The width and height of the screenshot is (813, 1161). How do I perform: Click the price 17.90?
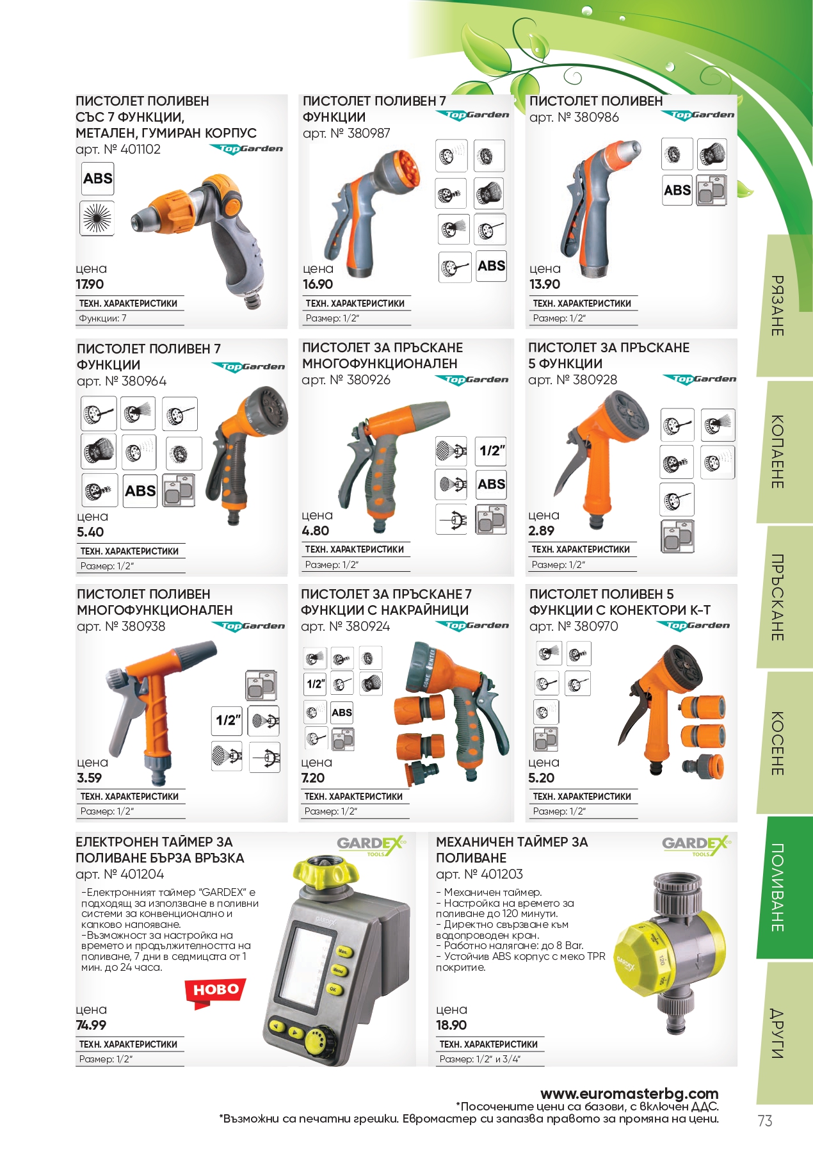[x=90, y=284]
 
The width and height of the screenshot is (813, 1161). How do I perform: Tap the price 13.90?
[x=545, y=284]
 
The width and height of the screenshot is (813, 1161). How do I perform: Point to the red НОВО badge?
[x=215, y=992]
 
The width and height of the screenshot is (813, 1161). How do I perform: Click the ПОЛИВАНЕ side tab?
[x=777, y=888]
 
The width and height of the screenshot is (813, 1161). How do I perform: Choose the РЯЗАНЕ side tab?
[x=777, y=306]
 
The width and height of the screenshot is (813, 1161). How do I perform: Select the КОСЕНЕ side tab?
[x=777, y=743]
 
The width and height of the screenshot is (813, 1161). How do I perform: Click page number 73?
[x=765, y=1121]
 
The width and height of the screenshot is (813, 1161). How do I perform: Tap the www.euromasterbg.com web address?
[x=629, y=1093]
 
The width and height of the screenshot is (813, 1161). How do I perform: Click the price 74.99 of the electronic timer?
[x=91, y=1025]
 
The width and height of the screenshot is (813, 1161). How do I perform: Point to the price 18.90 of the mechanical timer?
[x=451, y=1025]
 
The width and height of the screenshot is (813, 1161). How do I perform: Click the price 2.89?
[x=542, y=530]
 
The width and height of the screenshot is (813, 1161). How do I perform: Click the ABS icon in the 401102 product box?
[x=97, y=179]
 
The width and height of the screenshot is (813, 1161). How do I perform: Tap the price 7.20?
[x=313, y=777]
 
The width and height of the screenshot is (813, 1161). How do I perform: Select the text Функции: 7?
[x=102, y=318]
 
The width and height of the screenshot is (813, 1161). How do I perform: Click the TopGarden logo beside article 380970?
[x=694, y=626]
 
